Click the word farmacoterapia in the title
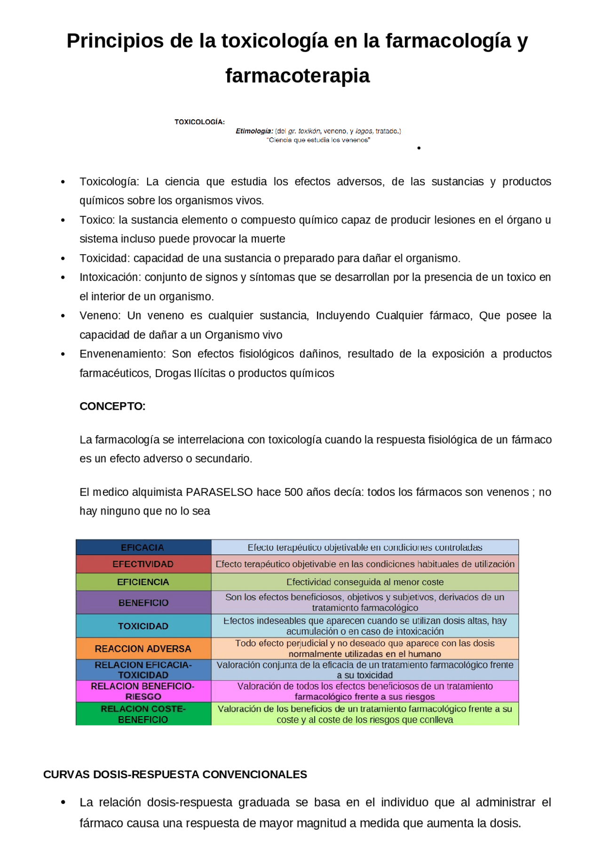coord(297,76)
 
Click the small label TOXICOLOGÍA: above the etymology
coord(199,122)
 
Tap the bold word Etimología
coord(254,131)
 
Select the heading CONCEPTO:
coord(112,406)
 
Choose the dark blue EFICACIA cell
coord(143,547)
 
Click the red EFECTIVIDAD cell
coord(143,564)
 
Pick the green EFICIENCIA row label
coord(143,582)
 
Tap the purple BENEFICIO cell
coord(143,602)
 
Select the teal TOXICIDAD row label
coord(143,626)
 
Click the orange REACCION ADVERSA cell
coord(143,648)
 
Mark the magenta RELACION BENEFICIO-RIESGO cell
coord(143,691)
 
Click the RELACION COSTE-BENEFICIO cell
coord(143,714)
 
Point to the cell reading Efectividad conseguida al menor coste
coord(365,582)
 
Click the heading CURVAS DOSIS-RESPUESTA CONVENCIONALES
coord(175,774)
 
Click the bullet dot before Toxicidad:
coord(63,258)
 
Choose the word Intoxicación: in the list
coord(110,277)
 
